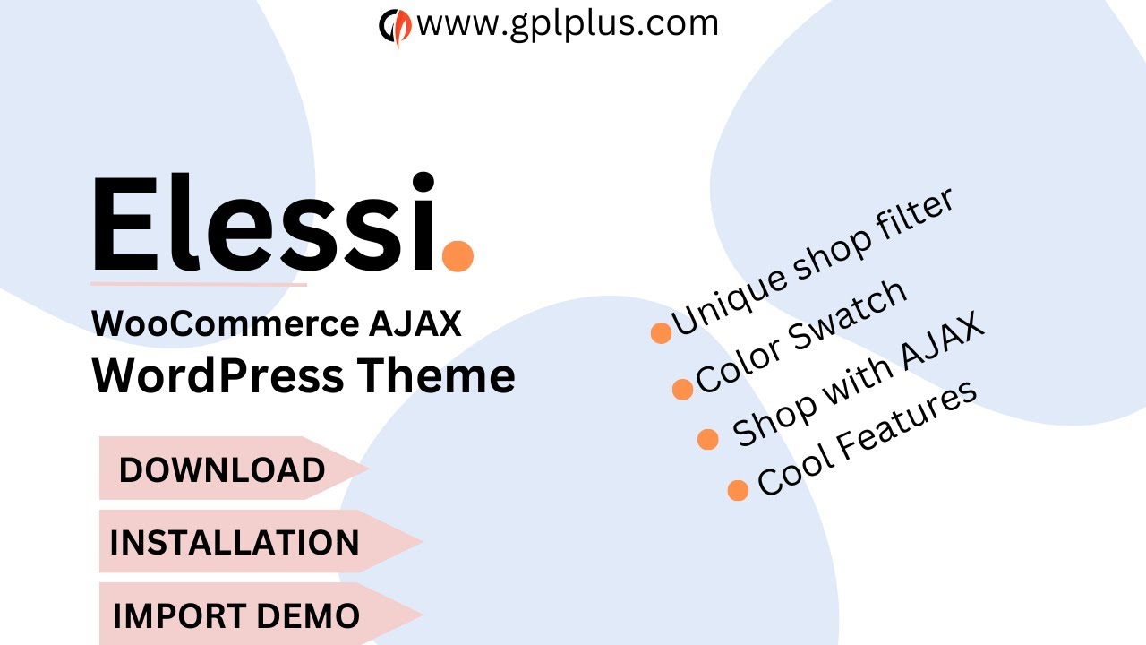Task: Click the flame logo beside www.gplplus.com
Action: coord(395,26)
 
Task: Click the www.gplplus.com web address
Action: coord(568,24)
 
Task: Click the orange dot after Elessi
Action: coord(458,254)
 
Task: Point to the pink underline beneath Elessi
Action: coord(199,284)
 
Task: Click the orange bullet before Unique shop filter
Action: coord(661,333)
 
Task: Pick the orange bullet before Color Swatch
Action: coord(682,389)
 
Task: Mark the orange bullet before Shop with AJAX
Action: coord(707,439)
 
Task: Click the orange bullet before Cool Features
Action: coord(738,490)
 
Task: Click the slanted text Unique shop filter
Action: coord(813,264)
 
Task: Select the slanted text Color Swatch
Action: coord(801,337)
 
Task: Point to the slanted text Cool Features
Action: coord(866,439)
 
